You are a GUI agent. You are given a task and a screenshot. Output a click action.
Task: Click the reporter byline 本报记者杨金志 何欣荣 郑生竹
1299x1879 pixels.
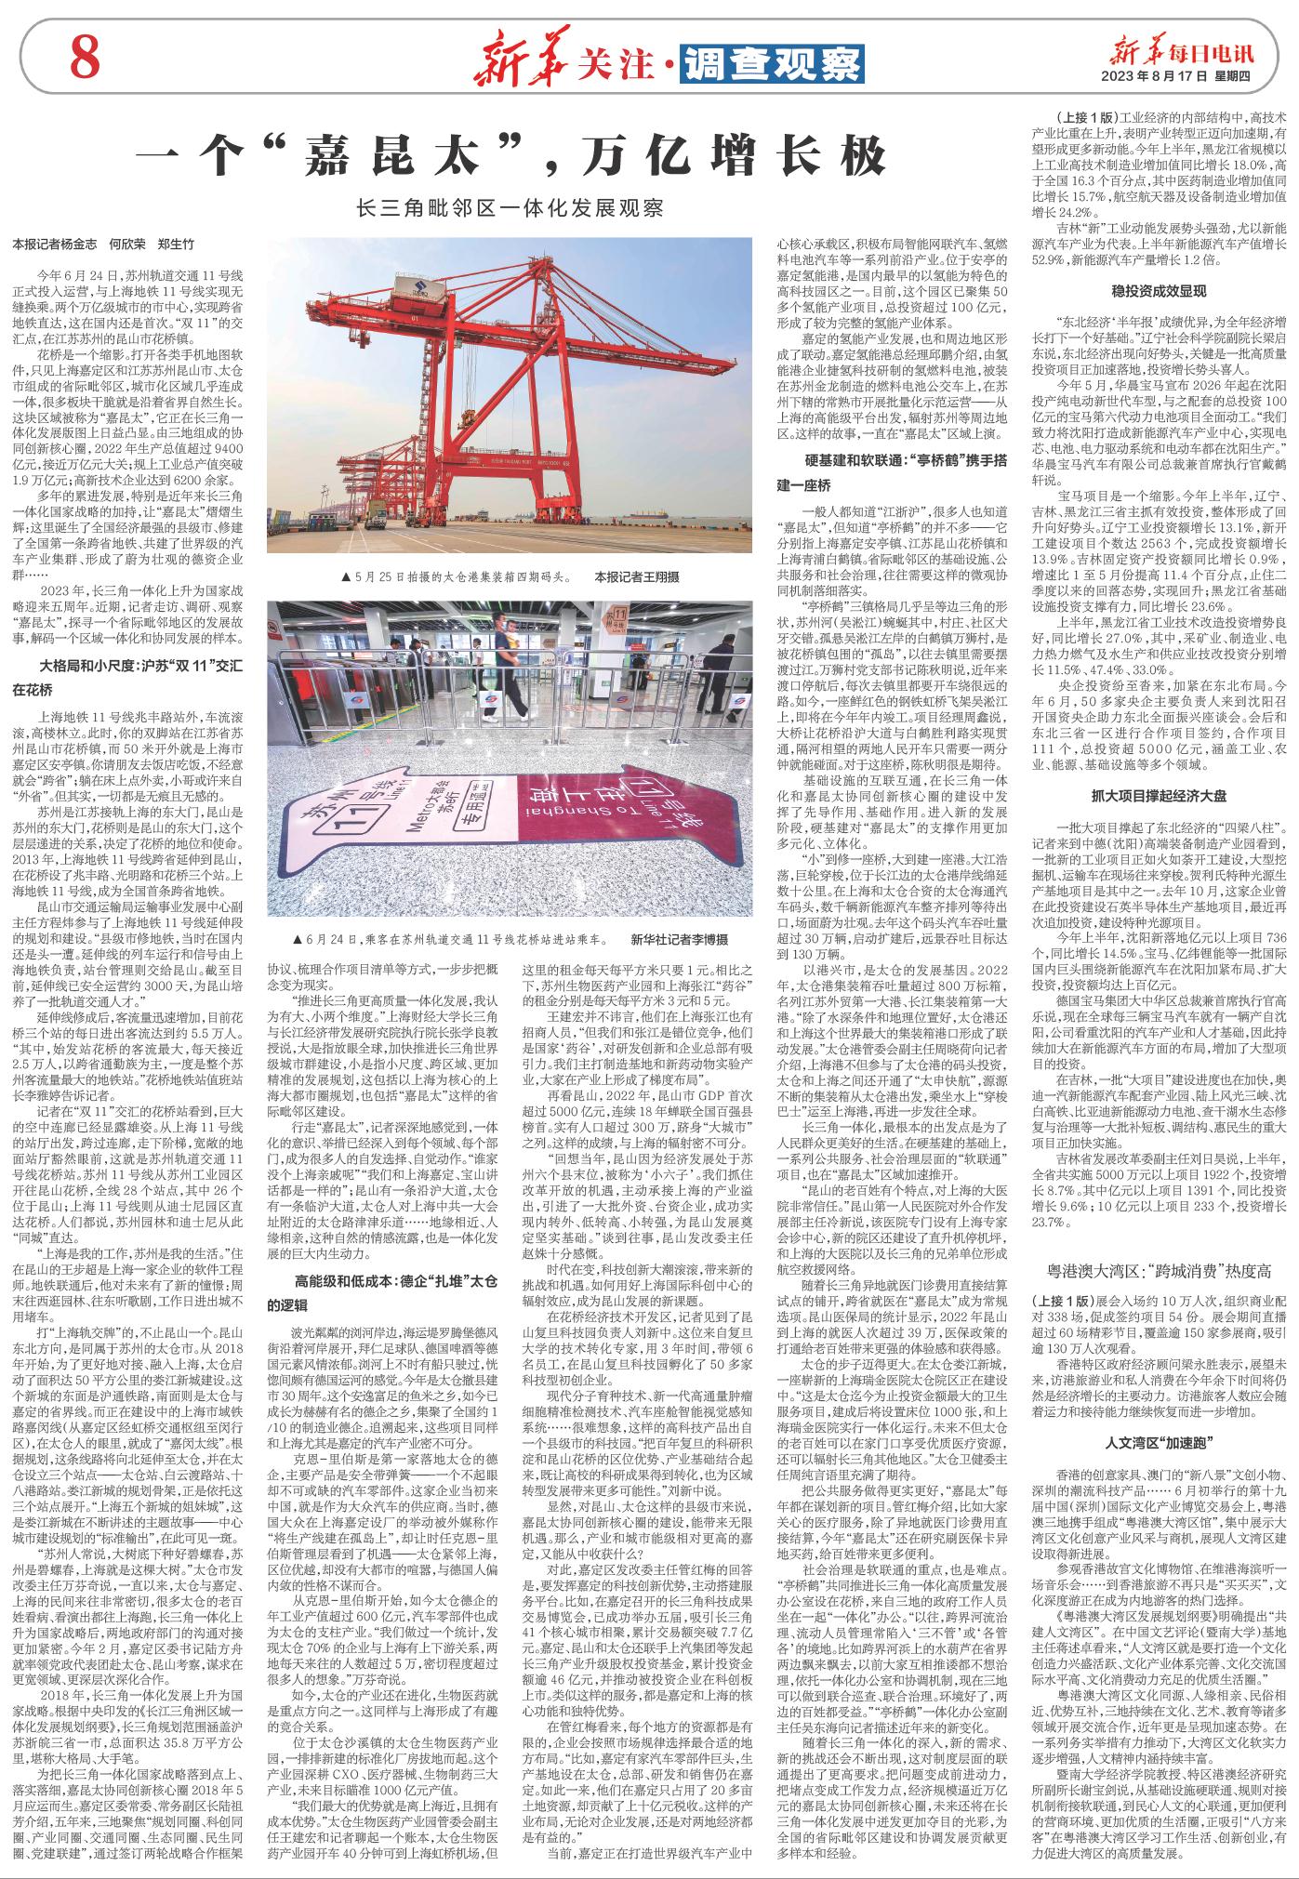point(103,245)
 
